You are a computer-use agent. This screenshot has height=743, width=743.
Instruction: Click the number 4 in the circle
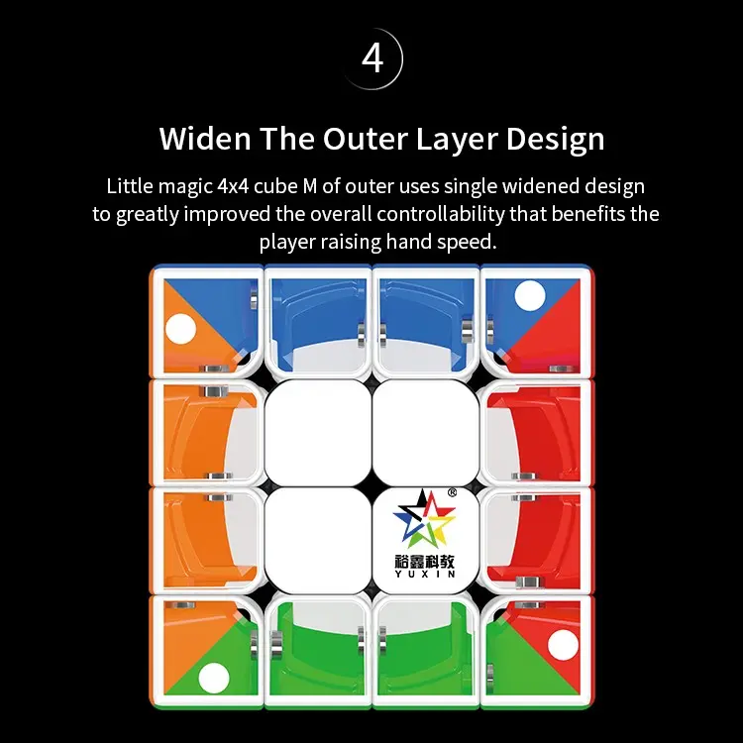click(x=372, y=59)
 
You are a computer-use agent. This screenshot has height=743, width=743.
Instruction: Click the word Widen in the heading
click(x=205, y=139)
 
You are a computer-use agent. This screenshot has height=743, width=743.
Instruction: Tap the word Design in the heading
click(x=555, y=140)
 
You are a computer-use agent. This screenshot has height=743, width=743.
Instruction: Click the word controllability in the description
click(x=441, y=214)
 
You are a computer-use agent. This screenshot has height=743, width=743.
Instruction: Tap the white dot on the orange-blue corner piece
click(x=180, y=329)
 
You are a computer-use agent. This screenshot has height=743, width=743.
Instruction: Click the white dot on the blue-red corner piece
click(x=530, y=295)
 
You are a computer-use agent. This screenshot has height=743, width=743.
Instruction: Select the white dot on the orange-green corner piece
click(x=214, y=678)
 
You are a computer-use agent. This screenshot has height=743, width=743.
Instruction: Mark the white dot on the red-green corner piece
click(x=563, y=645)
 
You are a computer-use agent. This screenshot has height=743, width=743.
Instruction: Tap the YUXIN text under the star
click(x=425, y=574)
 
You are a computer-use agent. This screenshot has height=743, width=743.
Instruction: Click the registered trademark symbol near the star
click(x=452, y=492)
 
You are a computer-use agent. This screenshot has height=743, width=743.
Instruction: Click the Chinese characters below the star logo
click(x=425, y=561)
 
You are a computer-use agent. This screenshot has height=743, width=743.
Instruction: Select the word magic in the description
click(x=185, y=186)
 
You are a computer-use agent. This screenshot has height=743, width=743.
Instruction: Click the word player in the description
click(x=287, y=243)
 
